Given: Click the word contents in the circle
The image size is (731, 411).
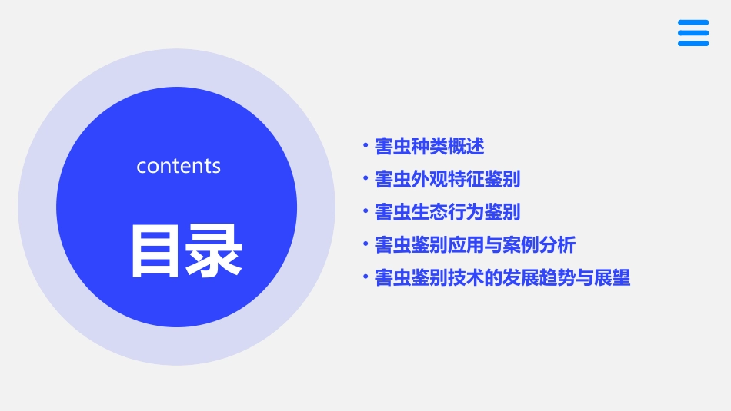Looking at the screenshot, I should click(x=179, y=166).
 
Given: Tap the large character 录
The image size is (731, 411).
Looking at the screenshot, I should click(x=213, y=250).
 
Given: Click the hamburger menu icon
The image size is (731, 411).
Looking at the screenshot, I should click(x=693, y=33).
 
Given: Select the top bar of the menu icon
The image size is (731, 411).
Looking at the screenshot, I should click(x=693, y=22).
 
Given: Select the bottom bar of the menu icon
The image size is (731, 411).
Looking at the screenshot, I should click(x=693, y=44).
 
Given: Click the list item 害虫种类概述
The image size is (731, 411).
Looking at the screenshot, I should click(x=429, y=146).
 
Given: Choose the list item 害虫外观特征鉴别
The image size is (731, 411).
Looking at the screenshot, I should click(x=447, y=179).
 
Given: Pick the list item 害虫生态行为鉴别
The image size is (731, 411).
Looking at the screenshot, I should click(x=447, y=212).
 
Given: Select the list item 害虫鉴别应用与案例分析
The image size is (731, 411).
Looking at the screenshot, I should click(x=475, y=245).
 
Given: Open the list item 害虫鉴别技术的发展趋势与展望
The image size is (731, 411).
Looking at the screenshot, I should click(x=502, y=278).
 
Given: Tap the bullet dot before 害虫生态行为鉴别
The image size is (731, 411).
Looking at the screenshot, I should click(x=365, y=210).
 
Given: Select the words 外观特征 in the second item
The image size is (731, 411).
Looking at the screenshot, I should click(x=447, y=179).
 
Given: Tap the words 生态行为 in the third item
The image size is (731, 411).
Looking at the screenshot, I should click(x=447, y=212).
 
